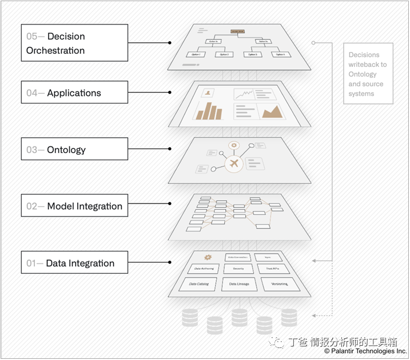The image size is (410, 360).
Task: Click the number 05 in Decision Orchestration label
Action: pyautogui.click(x=33, y=37)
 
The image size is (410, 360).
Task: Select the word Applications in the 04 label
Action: pyautogui.click(x=74, y=93)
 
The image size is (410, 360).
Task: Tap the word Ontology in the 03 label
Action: pyautogui.click(x=66, y=150)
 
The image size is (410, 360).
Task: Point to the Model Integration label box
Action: pyautogui.click(x=74, y=206)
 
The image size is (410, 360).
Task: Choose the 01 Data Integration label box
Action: pyautogui.click(x=74, y=263)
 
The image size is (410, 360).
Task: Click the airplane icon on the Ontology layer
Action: pyautogui.click(x=233, y=164)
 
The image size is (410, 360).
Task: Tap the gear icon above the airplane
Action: pyautogui.click(x=233, y=146)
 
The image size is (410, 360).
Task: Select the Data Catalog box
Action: pyautogui.click(x=198, y=284)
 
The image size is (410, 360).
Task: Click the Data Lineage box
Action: pyautogui.click(x=238, y=284)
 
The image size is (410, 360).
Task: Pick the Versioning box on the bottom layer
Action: pyautogui.click(x=280, y=283)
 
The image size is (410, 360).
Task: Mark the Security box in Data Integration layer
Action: pyautogui.click(x=238, y=268)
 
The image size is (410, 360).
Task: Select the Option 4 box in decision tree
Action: pyautogui.click(x=280, y=54)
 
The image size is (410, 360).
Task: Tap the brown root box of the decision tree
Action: pyautogui.click(x=238, y=31)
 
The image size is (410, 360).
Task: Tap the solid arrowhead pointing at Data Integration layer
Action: pyautogui.click(x=314, y=261)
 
